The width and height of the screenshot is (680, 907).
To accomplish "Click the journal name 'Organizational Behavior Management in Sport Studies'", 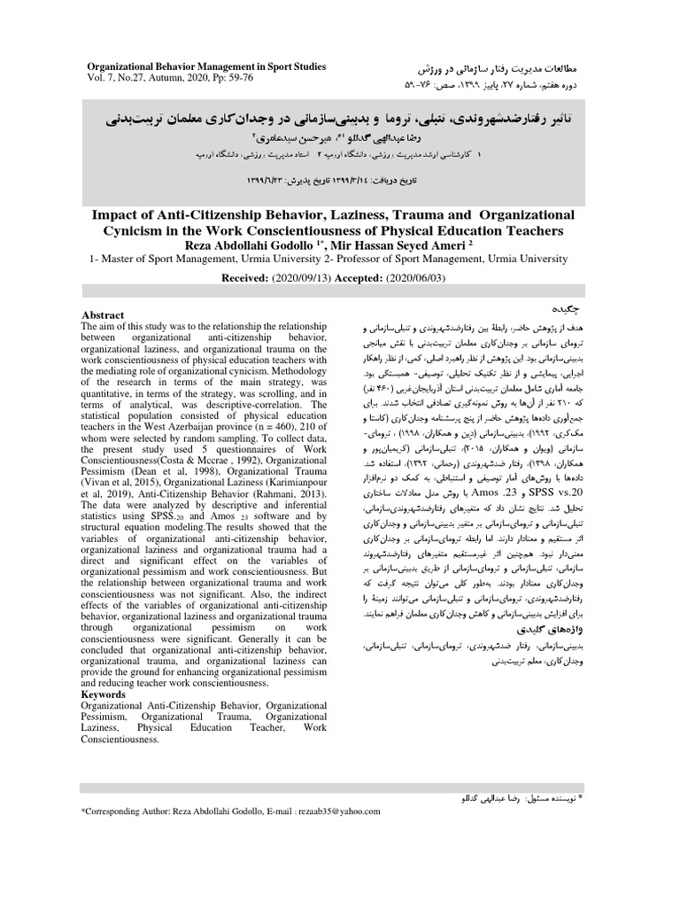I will pyautogui.click(x=205, y=66).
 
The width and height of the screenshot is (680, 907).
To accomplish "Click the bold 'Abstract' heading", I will pyautogui.click(x=103, y=315).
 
